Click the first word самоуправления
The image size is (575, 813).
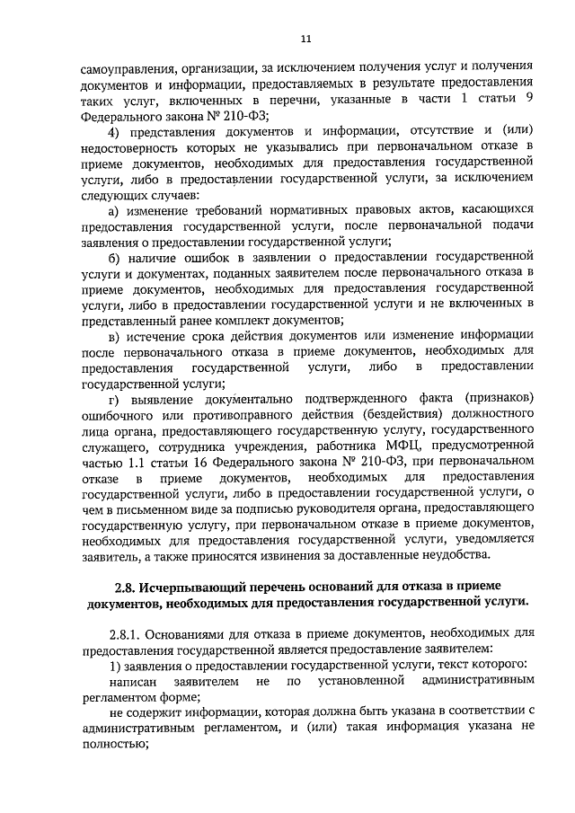pyautogui.click(x=125, y=67)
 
